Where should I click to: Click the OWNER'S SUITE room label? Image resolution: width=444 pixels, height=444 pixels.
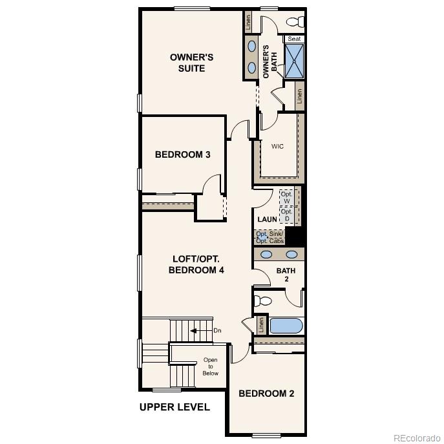[x=191, y=63]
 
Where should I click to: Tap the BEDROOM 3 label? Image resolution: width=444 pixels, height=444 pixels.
[x=182, y=154]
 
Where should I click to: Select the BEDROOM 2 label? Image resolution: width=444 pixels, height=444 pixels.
[x=266, y=393]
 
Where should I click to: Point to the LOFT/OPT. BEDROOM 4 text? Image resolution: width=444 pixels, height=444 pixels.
[x=196, y=264]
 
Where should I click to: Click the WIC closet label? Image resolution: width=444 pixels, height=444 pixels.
[x=277, y=146]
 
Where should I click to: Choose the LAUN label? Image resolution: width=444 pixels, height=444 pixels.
[x=267, y=220]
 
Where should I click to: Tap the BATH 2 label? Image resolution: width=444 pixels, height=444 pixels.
[x=286, y=274]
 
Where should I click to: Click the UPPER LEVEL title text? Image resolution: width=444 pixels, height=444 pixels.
[x=174, y=407]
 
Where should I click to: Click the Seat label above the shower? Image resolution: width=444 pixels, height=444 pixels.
[x=294, y=39]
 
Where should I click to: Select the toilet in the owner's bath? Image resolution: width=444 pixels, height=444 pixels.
[x=295, y=22]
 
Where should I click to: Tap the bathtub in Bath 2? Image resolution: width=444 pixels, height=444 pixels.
[x=286, y=324]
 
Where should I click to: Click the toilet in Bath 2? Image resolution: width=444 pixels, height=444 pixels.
[x=263, y=301]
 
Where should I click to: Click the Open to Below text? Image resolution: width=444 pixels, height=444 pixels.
[x=210, y=366]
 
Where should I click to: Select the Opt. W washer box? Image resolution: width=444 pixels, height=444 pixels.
[x=286, y=197]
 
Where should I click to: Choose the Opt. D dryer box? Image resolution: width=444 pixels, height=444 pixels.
[x=286, y=215]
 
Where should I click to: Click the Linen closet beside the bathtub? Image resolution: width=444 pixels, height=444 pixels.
[x=261, y=324]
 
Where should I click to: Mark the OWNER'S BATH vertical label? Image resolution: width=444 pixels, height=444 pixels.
[x=269, y=62]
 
